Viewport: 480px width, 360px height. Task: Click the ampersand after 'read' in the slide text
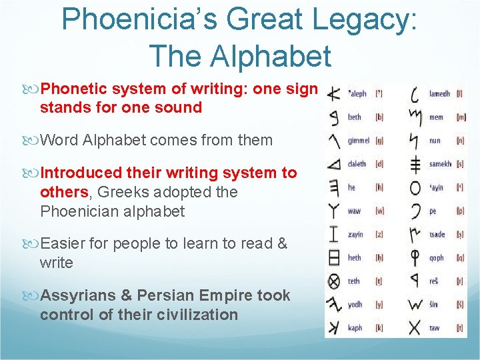tap(281, 244)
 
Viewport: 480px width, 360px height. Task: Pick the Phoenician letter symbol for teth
tap(334, 281)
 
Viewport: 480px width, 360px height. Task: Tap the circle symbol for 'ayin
tap(415, 188)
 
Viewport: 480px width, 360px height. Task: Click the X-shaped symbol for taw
tap(415, 327)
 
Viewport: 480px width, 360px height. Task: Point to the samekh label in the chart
tap(440, 164)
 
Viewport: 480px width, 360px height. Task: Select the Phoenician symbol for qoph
tap(415, 258)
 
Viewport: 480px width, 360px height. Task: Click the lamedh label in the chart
tap(439, 94)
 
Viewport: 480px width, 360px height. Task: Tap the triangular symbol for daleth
tap(334, 164)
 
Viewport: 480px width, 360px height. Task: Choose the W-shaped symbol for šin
tap(415, 305)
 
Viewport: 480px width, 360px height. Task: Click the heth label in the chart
tap(355, 258)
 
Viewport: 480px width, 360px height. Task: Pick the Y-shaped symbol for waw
tap(334, 211)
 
